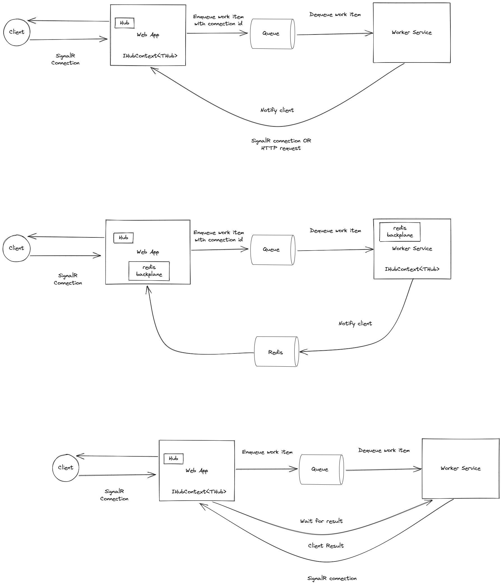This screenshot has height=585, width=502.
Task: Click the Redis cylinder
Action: [276, 352]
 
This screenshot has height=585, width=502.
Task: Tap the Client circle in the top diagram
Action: [17, 32]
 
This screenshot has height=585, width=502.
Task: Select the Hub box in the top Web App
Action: [124, 23]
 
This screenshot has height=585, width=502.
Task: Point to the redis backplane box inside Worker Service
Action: [399, 232]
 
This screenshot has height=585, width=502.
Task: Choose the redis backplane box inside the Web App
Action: [149, 271]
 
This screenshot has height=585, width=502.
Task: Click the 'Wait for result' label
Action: [321, 521]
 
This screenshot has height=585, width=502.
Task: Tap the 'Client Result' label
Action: [326, 546]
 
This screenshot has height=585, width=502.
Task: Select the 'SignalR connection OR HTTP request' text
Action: [281, 144]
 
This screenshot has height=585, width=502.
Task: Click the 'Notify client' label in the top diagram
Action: [277, 110]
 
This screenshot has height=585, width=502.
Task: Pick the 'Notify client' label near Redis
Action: [355, 323]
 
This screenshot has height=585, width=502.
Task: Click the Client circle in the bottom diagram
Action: [66, 468]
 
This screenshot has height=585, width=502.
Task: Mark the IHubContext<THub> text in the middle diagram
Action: [412, 269]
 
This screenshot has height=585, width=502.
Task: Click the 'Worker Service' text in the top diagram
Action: [412, 33]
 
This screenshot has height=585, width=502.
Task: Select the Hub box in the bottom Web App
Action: [173, 459]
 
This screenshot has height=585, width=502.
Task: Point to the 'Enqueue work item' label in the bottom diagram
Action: [267, 452]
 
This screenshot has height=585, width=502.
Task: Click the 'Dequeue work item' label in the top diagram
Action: [335, 15]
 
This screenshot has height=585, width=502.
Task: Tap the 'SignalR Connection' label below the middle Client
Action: [68, 279]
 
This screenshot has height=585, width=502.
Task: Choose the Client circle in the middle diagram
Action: [16, 248]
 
